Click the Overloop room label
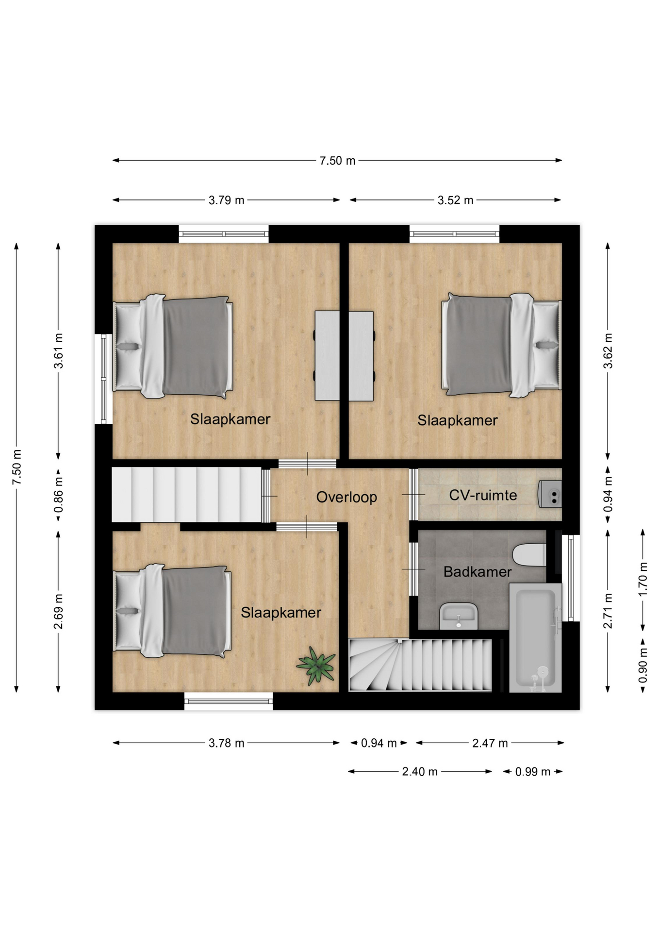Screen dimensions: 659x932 (346, 497)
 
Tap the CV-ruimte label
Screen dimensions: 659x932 (483, 495)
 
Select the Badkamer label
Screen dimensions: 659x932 (478, 572)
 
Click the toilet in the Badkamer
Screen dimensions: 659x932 (529, 555)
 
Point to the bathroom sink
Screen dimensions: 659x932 (459, 616)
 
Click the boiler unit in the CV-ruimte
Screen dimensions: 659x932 (550, 494)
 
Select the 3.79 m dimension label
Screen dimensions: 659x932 (226, 200)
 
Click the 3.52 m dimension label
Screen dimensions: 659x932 (455, 200)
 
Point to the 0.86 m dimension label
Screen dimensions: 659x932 (58, 495)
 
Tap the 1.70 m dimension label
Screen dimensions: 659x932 (643, 579)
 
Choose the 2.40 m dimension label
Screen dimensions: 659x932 (420, 771)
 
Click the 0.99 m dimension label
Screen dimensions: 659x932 (533, 771)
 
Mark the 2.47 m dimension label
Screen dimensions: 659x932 (490, 743)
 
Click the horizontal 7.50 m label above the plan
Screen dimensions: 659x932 (337, 161)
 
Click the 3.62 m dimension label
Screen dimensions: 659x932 (608, 350)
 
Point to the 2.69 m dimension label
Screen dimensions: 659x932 (58, 611)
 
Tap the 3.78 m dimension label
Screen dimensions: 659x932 (226, 743)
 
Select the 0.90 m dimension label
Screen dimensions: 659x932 (643, 665)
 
